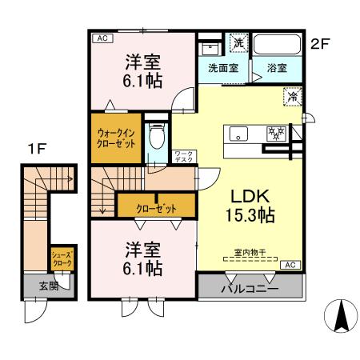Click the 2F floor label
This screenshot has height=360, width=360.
click(x=320, y=44)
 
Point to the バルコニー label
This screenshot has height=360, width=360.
click(x=250, y=287)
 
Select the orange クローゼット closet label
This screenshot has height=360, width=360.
click(x=156, y=208)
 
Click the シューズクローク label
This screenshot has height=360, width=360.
click(x=62, y=258)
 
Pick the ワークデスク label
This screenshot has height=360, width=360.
click(x=183, y=156)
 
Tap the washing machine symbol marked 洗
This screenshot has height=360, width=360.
click(x=238, y=44)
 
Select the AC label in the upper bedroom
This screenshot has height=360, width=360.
click(x=102, y=38)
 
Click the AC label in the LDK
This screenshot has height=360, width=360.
click(x=290, y=265)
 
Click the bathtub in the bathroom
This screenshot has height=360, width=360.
click(x=280, y=45)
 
